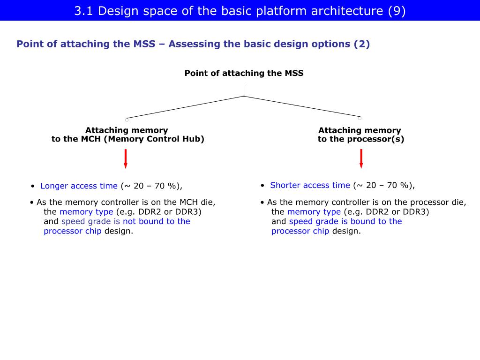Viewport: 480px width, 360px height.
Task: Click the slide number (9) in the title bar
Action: (397, 11)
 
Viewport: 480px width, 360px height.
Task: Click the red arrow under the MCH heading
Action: (126, 158)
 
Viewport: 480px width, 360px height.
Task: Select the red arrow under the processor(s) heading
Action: (361, 158)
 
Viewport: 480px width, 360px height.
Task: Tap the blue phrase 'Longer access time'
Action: (79, 186)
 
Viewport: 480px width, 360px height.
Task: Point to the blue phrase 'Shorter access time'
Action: (310, 185)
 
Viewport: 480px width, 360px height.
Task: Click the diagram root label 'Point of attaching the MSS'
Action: (244, 73)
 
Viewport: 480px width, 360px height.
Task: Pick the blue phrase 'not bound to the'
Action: (156, 221)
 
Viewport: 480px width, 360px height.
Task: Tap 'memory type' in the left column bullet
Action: (86, 212)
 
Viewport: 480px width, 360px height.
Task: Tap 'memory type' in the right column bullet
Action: (314, 212)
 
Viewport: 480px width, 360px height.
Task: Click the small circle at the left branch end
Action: (127, 120)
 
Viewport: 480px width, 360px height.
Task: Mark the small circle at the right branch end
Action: (360, 118)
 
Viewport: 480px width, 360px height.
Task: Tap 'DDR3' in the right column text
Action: (416, 212)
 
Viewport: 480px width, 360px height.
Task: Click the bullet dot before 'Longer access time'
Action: (33, 186)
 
